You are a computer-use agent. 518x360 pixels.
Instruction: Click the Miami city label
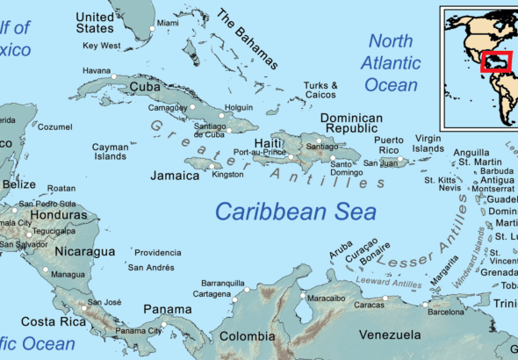pos(167,23)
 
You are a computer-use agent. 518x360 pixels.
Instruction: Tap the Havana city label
pos(97,70)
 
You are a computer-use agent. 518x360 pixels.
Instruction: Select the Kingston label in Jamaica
pos(228,174)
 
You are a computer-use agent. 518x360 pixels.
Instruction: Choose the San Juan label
pos(381,163)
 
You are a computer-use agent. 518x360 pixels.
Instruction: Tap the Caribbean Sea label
pos(296,212)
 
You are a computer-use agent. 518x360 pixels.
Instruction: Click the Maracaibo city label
pos(326,298)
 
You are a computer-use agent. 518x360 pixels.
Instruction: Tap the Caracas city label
pos(370,305)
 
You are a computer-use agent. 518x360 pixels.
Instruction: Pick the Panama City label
pos(139,330)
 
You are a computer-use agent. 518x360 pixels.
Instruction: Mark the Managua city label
pos(68,274)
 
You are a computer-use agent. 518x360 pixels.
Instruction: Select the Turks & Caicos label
pos(320,90)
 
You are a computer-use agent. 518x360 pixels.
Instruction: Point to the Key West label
pos(101,45)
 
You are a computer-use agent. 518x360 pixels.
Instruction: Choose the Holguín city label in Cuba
pos(240,107)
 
